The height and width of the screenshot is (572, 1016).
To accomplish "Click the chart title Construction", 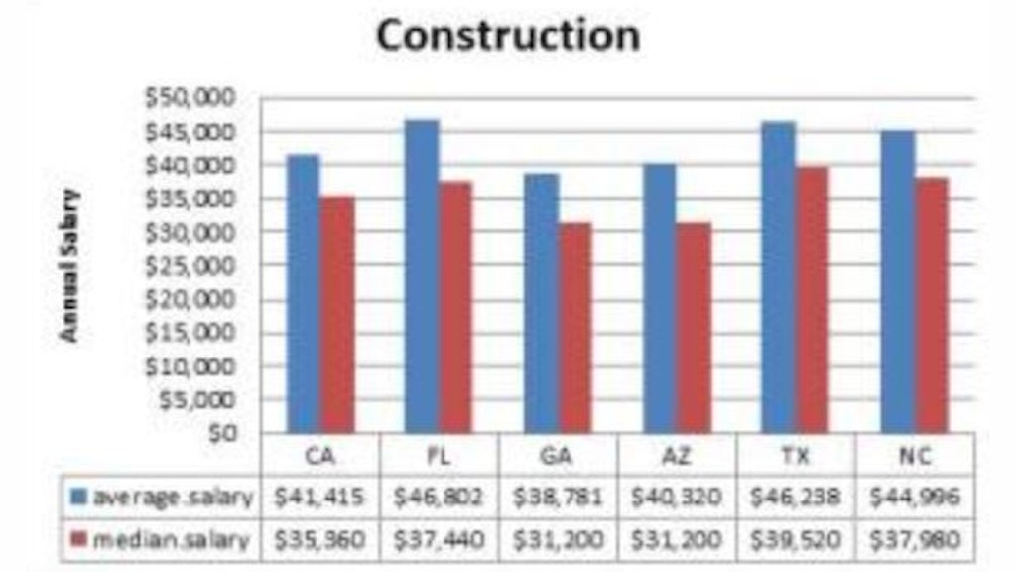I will tap(508, 36).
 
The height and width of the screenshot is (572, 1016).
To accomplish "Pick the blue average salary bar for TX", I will tap(778, 277).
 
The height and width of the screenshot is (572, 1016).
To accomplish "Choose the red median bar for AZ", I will tap(694, 328).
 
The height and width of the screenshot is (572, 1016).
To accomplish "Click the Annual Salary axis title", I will tap(69, 265).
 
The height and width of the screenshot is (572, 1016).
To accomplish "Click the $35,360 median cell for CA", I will tap(319, 539).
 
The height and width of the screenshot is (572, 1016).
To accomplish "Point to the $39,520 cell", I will tap(797, 539).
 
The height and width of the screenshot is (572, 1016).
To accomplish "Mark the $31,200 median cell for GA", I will tap(558, 539).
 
